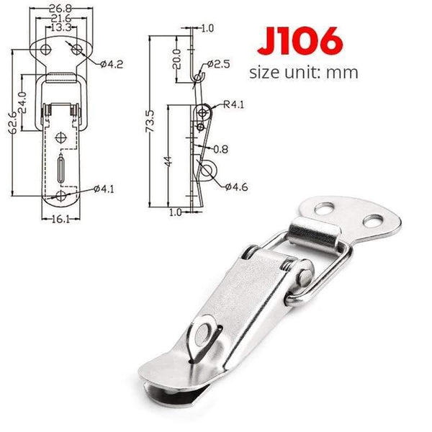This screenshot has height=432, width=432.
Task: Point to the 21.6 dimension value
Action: [x=60, y=19]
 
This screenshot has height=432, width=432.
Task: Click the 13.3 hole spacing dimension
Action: [x=60, y=29]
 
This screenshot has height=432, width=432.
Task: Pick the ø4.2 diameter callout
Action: [x=112, y=65]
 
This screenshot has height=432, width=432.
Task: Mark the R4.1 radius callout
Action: [x=235, y=104]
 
